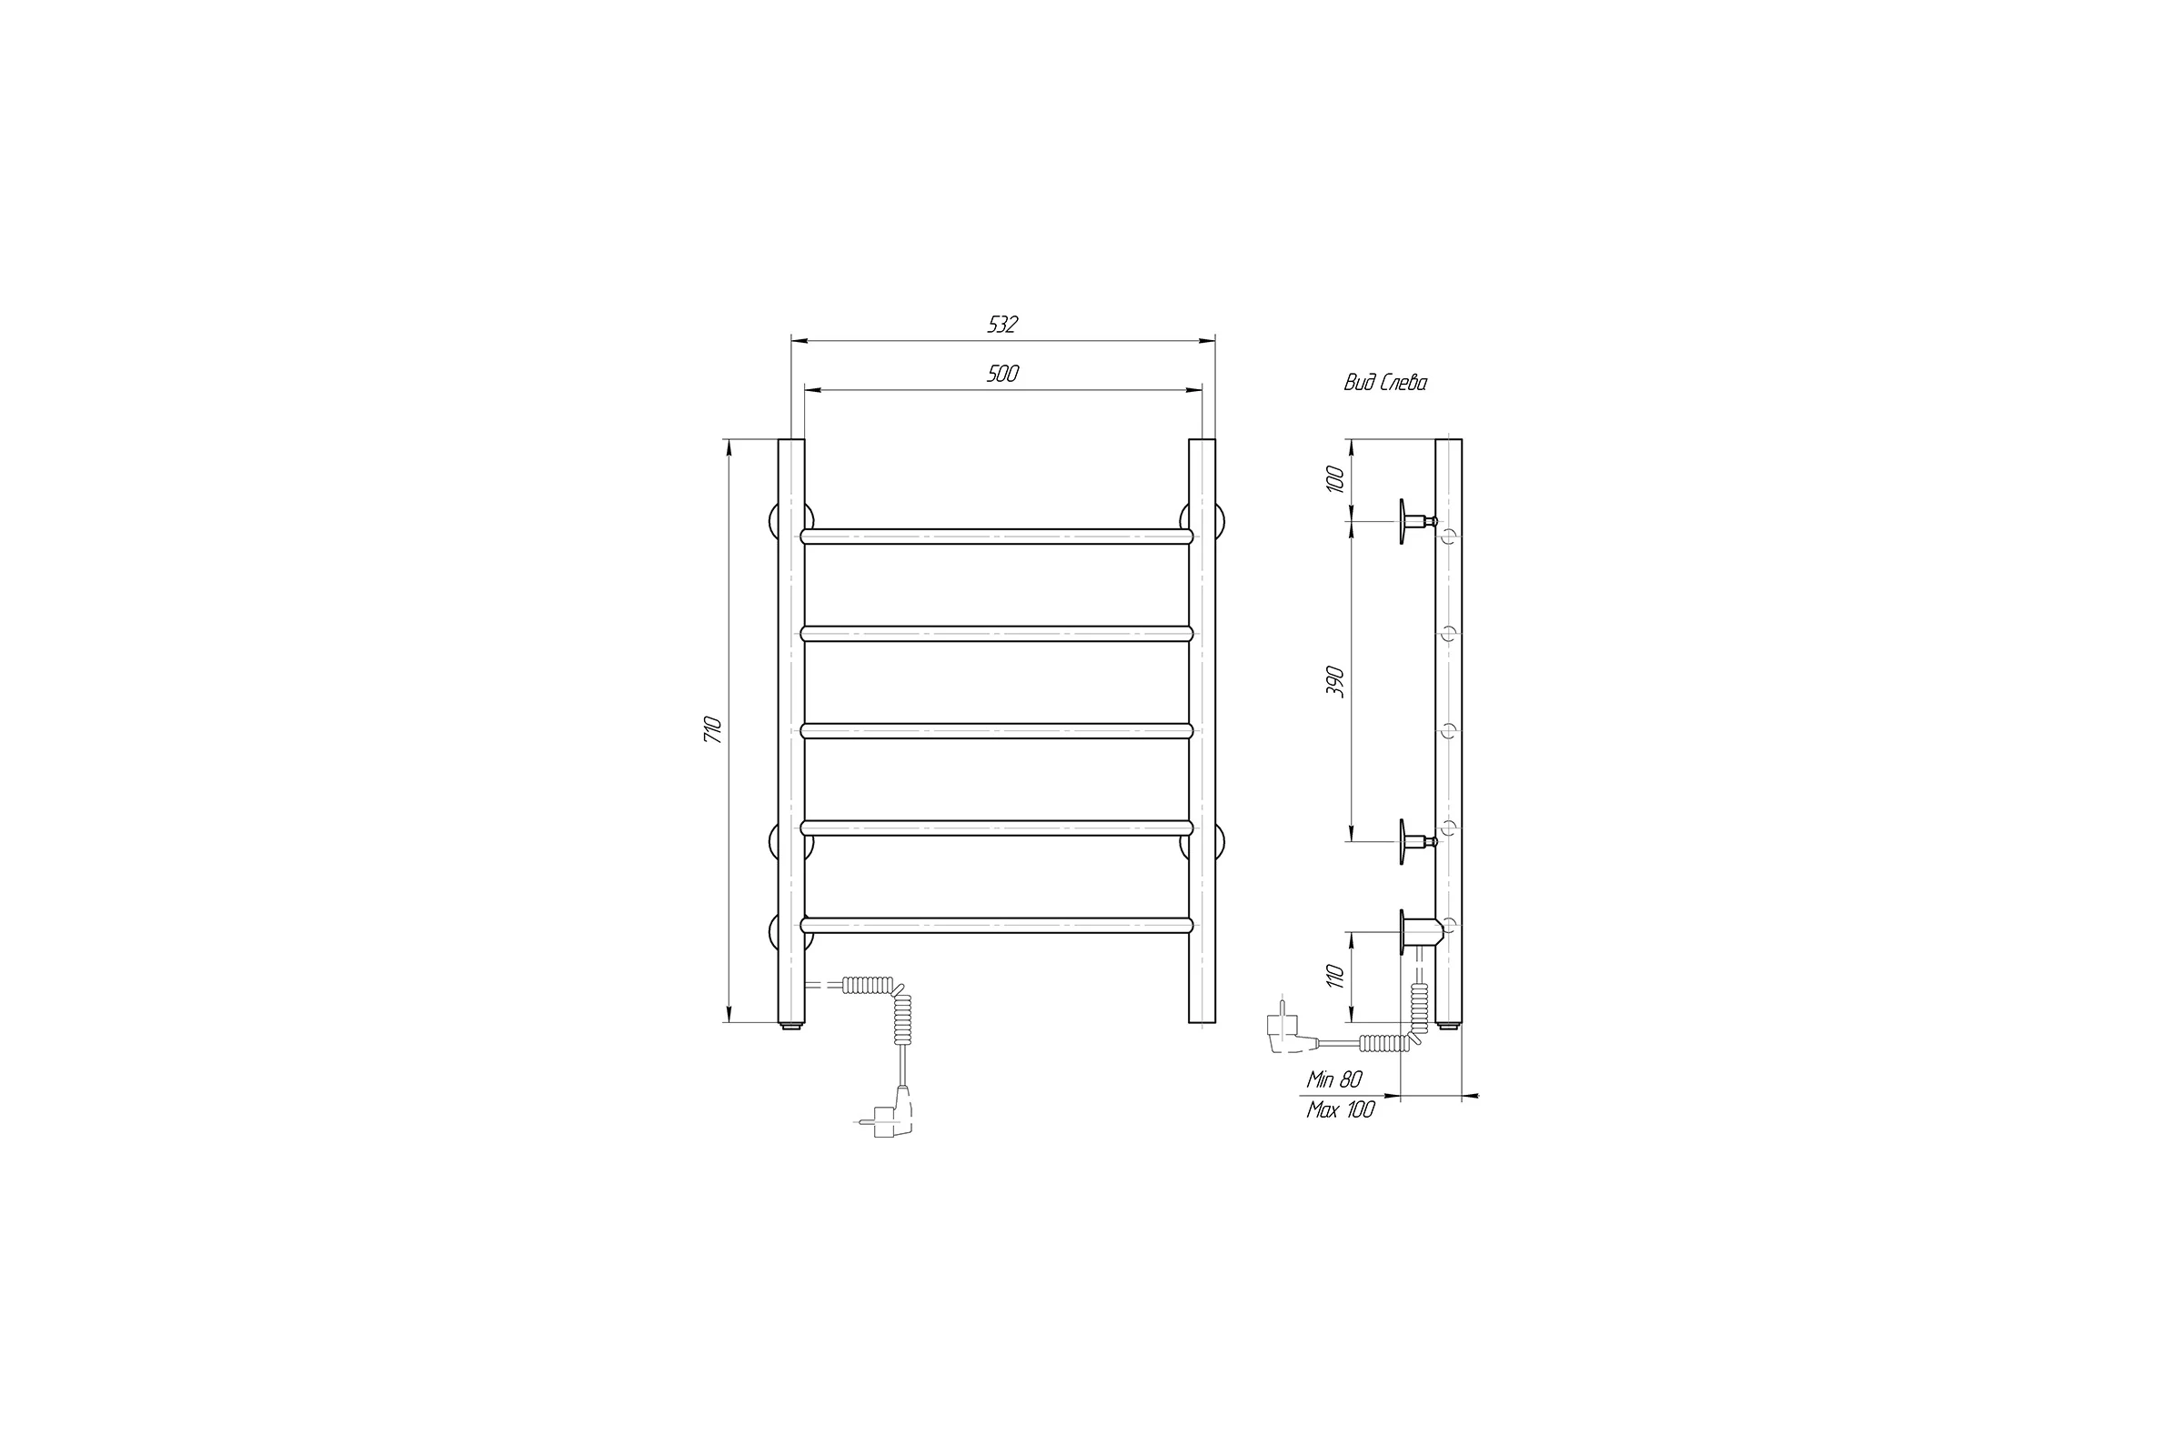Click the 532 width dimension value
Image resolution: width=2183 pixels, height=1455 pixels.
[1002, 324]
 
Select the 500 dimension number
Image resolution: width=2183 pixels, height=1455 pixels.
[1002, 373]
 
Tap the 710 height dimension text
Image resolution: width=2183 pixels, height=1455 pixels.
[713, 729]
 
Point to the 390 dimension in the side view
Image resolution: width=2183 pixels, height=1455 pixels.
[1334, 682]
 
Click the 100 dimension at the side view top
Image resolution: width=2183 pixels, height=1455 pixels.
[1334, 479]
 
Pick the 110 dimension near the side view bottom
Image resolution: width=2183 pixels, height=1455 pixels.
[1334, 976]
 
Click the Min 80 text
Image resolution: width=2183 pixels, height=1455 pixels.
[1333, 1080]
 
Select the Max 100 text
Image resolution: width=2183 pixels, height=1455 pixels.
[1340, 1109]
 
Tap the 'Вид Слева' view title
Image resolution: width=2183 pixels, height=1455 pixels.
[1384, 382]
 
